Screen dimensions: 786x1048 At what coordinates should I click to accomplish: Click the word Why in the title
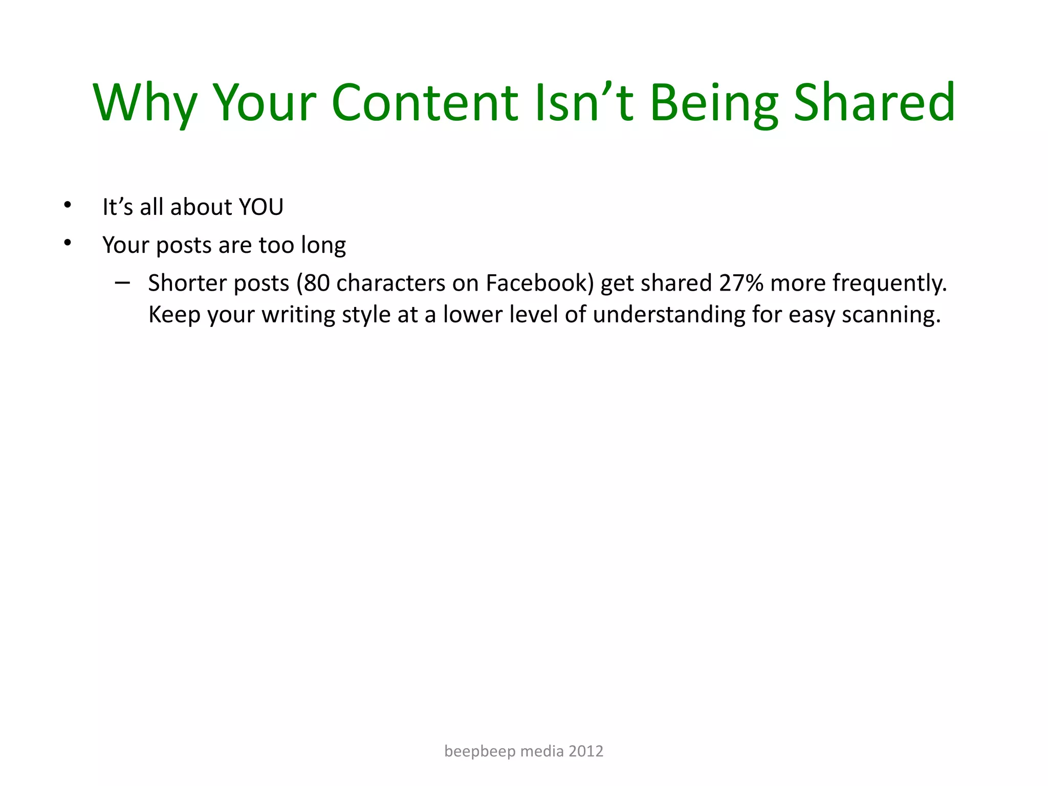tap(145, 103)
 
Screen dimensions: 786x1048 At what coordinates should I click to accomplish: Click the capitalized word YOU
tap(261, 207)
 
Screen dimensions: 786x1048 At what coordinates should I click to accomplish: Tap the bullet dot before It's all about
tap(68, 206)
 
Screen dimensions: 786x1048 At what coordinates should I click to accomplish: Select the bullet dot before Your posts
tap(68, 243)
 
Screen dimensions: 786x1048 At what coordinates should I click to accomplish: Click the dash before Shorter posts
tap(122, 282)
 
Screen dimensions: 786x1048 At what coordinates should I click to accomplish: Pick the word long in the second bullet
tap(323, 246)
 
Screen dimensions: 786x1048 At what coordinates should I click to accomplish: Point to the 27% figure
tap(741, 283)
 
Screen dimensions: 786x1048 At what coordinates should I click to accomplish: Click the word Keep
tap(174, 315)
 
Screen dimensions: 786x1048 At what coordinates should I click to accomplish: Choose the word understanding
tap(669, 315)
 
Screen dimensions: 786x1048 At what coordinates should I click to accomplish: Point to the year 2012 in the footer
tap(586, 751)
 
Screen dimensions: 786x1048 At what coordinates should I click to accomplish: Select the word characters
tap(390, 283)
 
